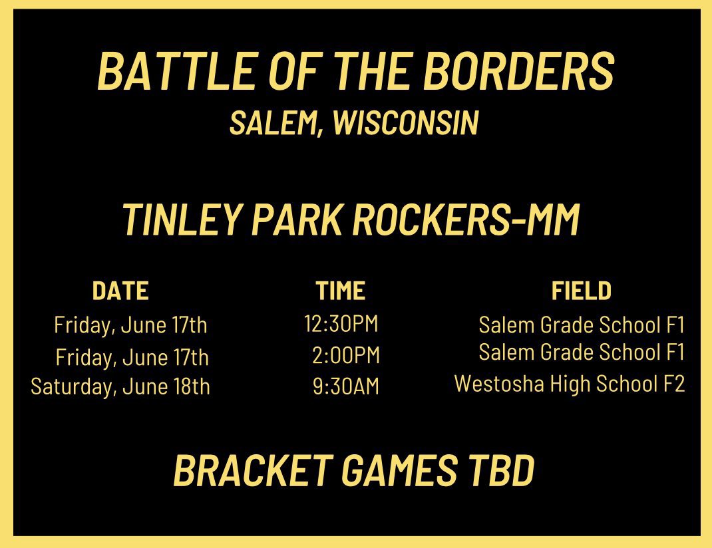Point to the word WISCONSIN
pos(405,123)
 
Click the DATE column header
pos(120,291)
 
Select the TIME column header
pos(341,291)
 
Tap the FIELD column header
pos(581,291)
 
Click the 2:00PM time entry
pos(346,355)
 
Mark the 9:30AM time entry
pos(346,386)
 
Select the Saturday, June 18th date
pos(120,386)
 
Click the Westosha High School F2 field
pos(570,384)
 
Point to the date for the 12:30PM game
pos(131,325)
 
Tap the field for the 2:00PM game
pos(582,352)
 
